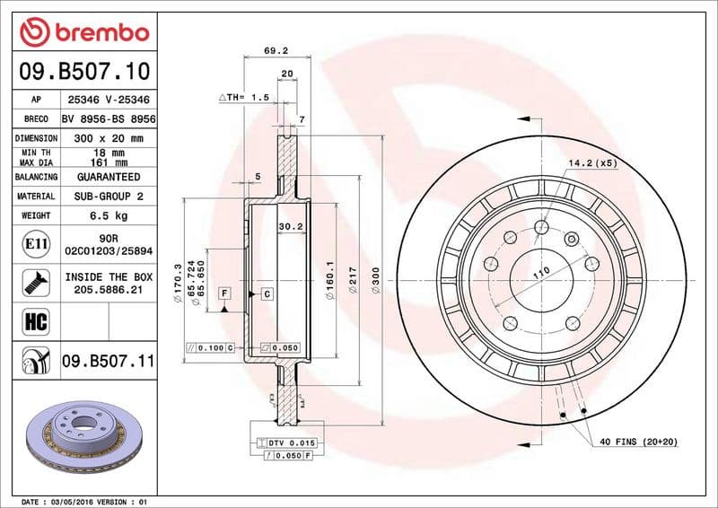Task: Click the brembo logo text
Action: pos(83,33)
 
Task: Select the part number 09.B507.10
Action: pos(83,69)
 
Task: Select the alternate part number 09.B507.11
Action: pos(109,362)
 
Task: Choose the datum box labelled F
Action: pos(223,293)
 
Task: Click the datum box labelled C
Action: pos(267,293)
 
